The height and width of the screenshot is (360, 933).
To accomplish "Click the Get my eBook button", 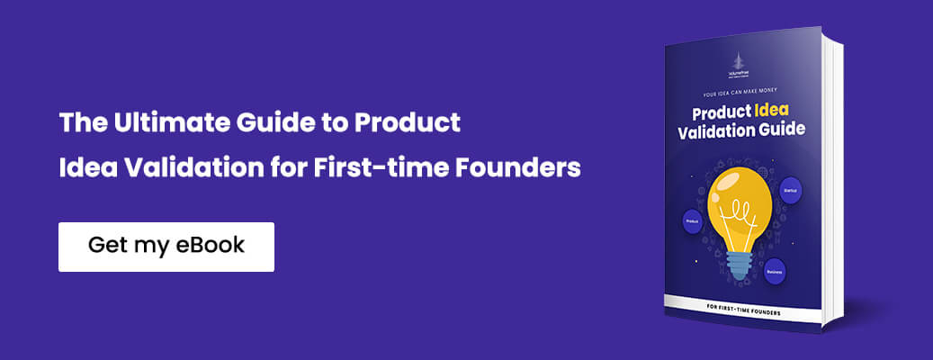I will point(166,247).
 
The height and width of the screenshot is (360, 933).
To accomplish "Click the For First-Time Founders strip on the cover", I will point(743,312).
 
